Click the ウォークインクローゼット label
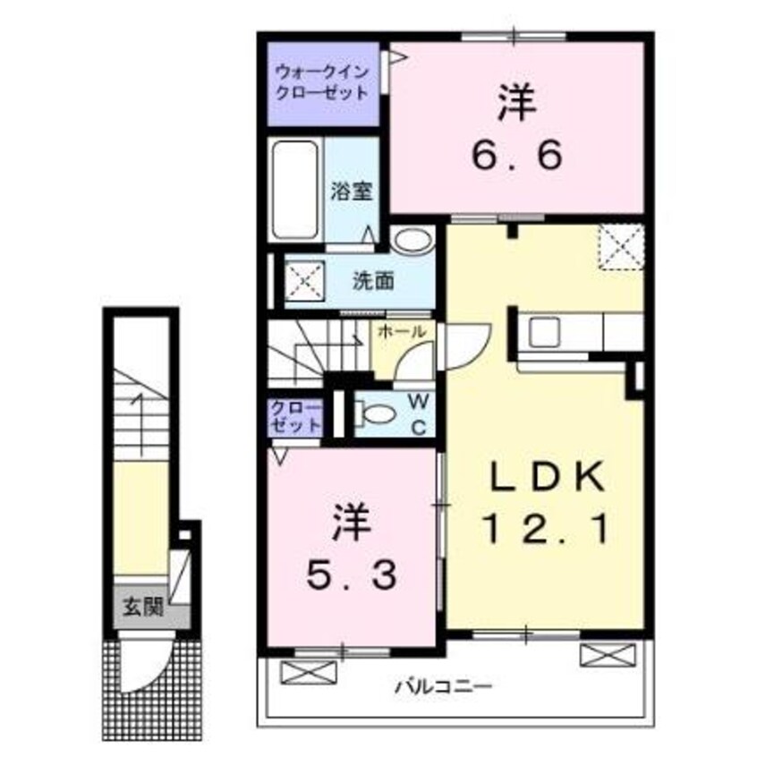click(x=321, y=83)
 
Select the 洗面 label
click(x=372, y=280)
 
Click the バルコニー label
click(x=442, y=687)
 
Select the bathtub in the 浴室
click(x=295, y=190)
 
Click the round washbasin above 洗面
click(x=411, y=242)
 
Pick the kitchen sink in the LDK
click(x=544, y=332)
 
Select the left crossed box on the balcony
click(x=309, y=669)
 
